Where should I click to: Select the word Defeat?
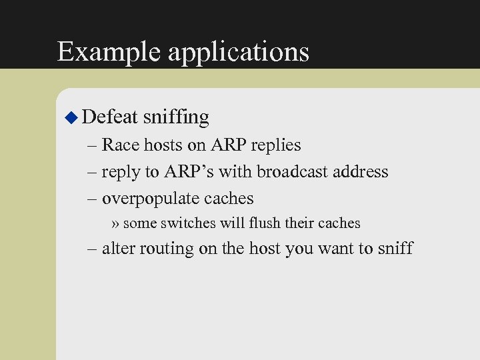click(x=110, y=117)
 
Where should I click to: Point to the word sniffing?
click(x=176, y=118)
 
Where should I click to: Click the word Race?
click(x=121, y=145)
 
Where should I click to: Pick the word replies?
click(x=274, y=146)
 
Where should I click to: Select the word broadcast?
click(x=297, y=172)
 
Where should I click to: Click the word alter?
click(x=120, y=249)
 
